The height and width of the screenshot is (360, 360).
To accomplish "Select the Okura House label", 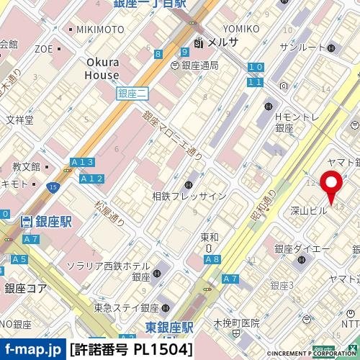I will pos(102,68).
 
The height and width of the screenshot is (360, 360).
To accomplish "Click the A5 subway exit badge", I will pos(19,258).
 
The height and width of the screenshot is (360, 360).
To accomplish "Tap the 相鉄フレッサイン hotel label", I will pos(189,196).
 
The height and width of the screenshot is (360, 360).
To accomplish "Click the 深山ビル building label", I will pos(309,211).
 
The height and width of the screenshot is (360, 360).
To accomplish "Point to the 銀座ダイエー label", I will pos(302,248).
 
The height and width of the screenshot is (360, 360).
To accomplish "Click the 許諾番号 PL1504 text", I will pos(132,350).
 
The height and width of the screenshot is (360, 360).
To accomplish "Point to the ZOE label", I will pos(43,50).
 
